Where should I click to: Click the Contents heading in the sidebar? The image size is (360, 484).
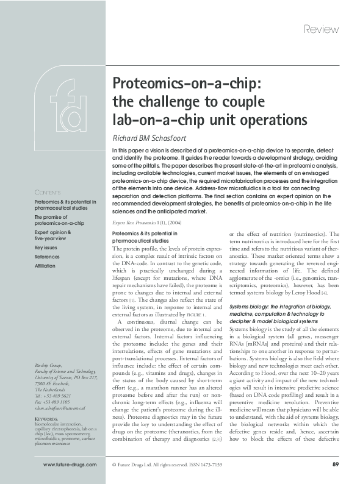(47, 193)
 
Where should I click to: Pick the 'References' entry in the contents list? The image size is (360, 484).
(48, 257)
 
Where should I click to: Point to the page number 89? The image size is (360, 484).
(335, 465)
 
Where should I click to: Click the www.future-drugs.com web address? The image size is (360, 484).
(70, 465)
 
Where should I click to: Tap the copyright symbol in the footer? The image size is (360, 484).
(114, 465)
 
